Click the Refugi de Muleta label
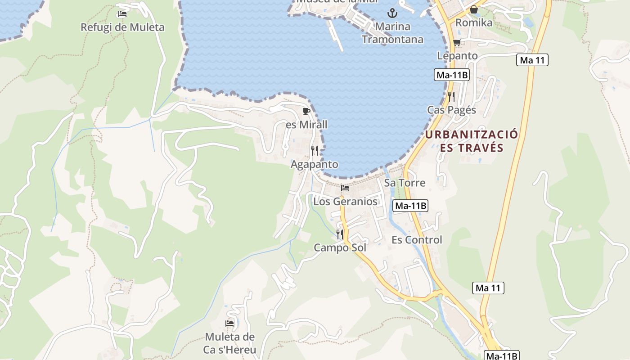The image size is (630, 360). [x=122, y=27]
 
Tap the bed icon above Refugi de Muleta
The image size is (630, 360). [x=122, y=14]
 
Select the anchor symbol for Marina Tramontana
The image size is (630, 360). [x=392, y=13]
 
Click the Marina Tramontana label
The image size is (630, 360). [x=392, y=33]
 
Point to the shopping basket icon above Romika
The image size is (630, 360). [x=474, y=9]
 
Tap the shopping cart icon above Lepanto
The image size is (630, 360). [x=457, y=43]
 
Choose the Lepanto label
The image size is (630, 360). [x=457, y=56]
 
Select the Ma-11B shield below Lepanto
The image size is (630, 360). [x=452, y=75]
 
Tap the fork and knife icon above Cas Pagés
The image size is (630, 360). [x=451, y=96]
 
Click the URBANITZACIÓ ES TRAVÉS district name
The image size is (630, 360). [x=472, y=141]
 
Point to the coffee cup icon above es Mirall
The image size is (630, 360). [x=306, y=111]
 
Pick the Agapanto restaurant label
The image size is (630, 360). [x=314, y=164]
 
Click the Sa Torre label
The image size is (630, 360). [x=404, y=183]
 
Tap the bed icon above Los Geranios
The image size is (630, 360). [x=345, y=188]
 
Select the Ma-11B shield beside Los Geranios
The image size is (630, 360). [x=410, y=206]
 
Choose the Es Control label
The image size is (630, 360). [x=417, y=240]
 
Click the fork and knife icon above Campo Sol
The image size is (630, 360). [x=340, y=234]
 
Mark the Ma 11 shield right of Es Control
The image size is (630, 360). [x=488, y=288]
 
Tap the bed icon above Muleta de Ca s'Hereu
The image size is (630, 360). [x=229, y=323]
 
